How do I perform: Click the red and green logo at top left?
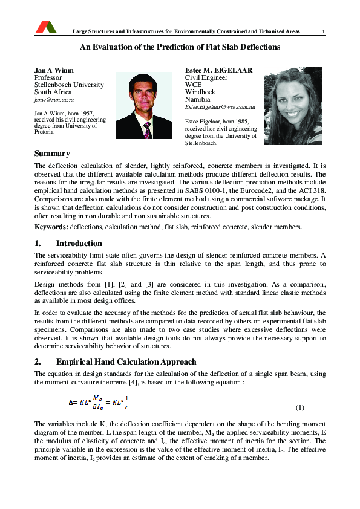46,27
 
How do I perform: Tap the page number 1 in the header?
324,31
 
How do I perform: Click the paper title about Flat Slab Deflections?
180,47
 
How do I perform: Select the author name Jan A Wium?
54,70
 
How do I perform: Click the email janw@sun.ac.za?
54,99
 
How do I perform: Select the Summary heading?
52,154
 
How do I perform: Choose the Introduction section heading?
79,244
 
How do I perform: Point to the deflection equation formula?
98,403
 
